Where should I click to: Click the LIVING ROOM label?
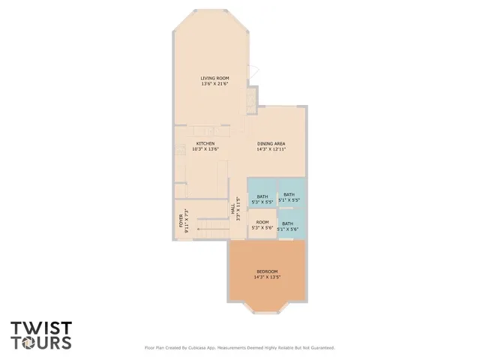coord(214,79)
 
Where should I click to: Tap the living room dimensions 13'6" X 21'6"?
coord(214,84)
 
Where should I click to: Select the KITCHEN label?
coord(205,143)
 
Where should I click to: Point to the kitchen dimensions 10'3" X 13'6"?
coord(205,148)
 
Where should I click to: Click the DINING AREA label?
coord(271,143)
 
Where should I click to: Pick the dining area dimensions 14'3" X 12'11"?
coord(271,148)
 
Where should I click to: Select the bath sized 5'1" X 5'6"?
coord(288,226)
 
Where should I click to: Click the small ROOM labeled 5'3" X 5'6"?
coord(262,225)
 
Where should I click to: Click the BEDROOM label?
coord(267,271)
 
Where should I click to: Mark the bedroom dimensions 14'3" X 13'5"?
coord(267,277)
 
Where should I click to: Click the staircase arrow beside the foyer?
coord(198,228)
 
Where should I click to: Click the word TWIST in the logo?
coord(40,328)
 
